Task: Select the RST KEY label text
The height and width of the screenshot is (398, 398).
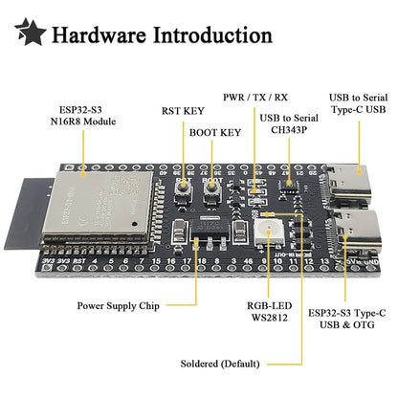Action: coord(181,110)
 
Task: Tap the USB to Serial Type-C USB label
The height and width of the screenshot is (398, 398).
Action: coord(359,103)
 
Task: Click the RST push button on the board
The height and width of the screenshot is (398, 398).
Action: coord(182,191)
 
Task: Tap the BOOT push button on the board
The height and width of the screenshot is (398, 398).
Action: coord(209,191)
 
